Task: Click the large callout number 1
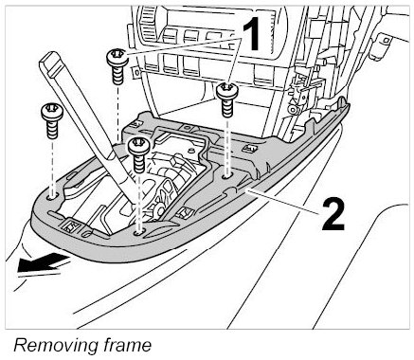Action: click(x=252, y=34)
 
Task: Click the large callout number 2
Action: click(x=333, y=217)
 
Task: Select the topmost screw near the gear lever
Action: click(x=117, y=66)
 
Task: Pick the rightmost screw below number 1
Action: click(x=227, y=99)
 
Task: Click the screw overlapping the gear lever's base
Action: click(x=138, y=155)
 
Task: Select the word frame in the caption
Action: click(x=128, y=345)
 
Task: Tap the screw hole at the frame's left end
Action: click(x=52, y=197)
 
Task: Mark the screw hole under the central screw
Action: click(x=139, y=233)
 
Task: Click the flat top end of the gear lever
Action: click(x=52, y=63)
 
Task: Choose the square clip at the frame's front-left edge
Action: click(x=73, y=225)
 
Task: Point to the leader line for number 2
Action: click(x=282, y=202)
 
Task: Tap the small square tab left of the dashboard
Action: click(x=136, y=72)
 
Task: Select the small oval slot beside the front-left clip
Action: click(x=86, y=234)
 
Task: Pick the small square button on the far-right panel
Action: click(x=386, y=40)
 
